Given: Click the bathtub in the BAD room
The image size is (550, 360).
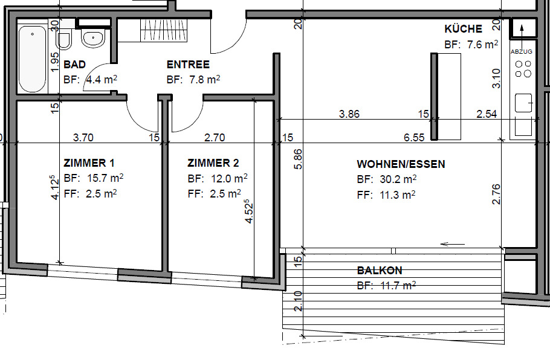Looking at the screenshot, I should click(x=32, y=58).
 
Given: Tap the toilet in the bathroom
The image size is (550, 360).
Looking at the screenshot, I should click(x=64, y=39).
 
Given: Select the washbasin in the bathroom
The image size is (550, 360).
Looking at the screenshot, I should click(x=93, y=38).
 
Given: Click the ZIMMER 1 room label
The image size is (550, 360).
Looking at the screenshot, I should click(x=89, y=163).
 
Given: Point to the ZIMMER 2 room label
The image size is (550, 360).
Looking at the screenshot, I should click(x=213, y=163).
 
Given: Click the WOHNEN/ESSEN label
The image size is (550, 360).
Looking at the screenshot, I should click(x=401, y=164).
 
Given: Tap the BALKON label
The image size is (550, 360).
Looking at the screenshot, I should click(x=379, y=271).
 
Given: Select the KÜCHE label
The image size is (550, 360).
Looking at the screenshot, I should click(x=463, y=29).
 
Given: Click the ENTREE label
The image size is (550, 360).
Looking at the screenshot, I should click(x=188, y=65).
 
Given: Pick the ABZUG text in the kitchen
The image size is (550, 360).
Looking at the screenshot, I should click(x=522, y=52).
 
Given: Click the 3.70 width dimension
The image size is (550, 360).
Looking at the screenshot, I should click(x=83, y=138).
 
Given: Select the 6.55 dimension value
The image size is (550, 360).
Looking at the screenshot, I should click(x=414, y=138).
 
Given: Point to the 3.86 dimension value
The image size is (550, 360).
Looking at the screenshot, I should click(x=349, y=114).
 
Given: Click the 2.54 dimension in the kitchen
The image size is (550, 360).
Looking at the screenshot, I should click(x=486, y=114).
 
